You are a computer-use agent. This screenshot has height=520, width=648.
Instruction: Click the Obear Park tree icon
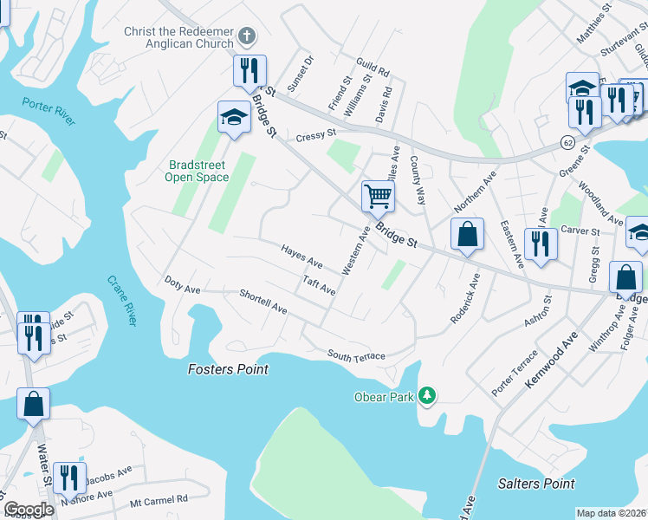tap(426, 396)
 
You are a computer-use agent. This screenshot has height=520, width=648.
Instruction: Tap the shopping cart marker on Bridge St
tap(378, 195)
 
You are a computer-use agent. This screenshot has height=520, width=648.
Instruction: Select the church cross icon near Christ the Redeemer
tap(247, 36)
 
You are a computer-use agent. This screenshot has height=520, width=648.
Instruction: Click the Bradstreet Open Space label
tap(198, 171)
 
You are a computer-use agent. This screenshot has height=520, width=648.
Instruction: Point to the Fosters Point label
tap(228, 369)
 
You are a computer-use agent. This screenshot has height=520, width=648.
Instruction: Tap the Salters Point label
tap(536, 484)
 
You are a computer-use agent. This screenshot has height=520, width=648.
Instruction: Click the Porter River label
tap(49, 110)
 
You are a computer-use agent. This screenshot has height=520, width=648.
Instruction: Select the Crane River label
tap(122, 300)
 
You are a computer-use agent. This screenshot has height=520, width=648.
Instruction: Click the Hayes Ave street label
tap(301, 257)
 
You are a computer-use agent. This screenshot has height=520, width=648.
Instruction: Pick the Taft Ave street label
tap(320, 285)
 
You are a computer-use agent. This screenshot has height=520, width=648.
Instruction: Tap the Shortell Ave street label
tap(263, 302)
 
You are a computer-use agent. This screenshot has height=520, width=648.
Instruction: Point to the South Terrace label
tap(355, 355)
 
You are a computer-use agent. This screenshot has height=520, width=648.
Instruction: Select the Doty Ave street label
tap(182, 283)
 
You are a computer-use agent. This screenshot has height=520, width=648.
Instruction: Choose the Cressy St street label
tap(315, 135)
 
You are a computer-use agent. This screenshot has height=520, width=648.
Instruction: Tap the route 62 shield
tap(567, 140)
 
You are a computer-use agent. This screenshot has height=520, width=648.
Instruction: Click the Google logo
tap(29, 510)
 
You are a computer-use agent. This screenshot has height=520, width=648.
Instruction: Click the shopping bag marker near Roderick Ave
tap(467, 234)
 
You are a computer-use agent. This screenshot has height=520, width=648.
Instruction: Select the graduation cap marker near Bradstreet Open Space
tap(233, 118)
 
